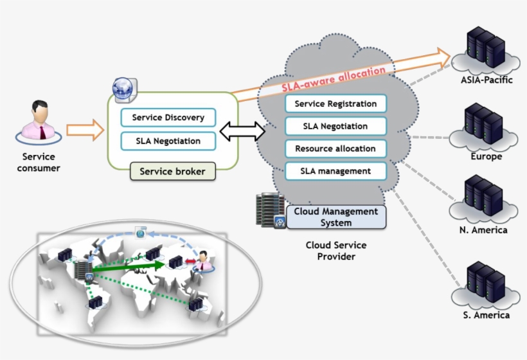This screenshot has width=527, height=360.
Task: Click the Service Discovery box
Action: click(168, 118)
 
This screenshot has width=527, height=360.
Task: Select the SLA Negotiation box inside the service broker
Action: click(168, 140)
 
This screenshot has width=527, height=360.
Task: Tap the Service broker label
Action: click(173, 172)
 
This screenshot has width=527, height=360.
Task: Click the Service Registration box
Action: click(335, 104)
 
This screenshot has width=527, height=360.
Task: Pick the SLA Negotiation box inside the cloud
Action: click(335, 126)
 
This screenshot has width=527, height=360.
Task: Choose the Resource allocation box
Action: click(335, 148)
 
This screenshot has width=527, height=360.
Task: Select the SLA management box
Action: click(335, 171)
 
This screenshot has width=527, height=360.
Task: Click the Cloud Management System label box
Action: click(336, 217)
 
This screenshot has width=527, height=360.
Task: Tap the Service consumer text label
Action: click(39, 162)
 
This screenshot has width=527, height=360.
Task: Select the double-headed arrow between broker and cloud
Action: click(242, 132)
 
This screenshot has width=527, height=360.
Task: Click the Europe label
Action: click(486, 156)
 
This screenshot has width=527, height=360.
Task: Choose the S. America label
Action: click(486, 315)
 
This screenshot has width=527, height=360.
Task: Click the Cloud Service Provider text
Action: click(336, 251)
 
